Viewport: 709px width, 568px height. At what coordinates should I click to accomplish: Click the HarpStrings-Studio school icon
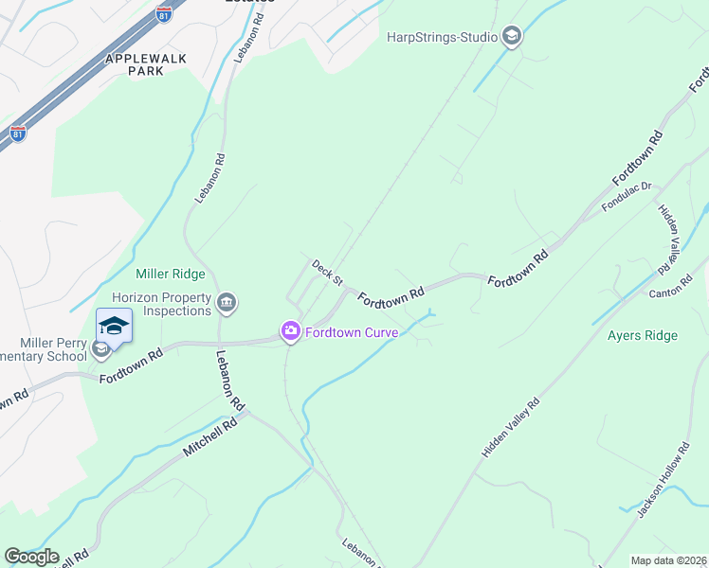512,37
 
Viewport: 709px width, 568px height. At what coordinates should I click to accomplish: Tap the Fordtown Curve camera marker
289,331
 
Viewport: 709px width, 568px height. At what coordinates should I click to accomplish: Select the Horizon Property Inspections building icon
227,303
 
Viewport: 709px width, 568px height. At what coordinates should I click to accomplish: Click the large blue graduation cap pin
114,326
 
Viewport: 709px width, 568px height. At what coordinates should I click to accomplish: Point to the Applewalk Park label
145,64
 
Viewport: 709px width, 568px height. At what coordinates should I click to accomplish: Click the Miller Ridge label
170,275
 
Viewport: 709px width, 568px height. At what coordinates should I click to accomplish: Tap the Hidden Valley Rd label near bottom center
510,428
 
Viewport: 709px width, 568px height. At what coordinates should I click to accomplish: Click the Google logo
32,557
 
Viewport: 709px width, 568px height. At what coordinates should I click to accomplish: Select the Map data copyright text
668,560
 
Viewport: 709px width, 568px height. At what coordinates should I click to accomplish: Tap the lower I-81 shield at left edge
17,133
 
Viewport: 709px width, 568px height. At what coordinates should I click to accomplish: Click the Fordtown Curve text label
352,331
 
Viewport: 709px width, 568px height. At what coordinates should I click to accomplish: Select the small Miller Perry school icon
100,350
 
